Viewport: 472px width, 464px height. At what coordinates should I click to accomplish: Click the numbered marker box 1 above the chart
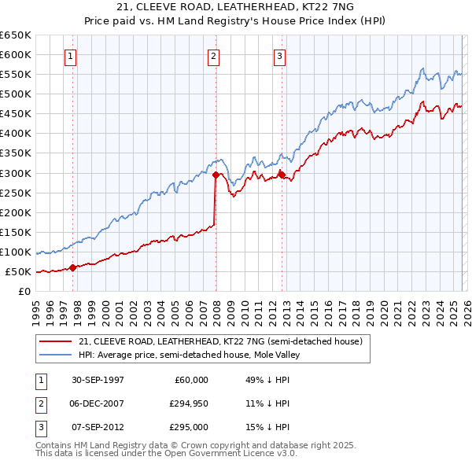(x=71, y=56)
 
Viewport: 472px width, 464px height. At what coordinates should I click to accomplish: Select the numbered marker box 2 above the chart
(x=214, y=56)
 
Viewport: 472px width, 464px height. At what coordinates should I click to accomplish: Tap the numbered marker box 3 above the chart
(x=280, y=56)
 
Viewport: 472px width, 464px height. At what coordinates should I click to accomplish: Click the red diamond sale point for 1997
(x=72, y=267)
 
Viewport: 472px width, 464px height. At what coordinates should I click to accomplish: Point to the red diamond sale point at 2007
(x=215, y=175)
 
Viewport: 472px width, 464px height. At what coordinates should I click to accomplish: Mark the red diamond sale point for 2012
(x=281, y=175)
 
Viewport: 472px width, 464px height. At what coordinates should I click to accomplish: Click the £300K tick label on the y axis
(x=16, y=173)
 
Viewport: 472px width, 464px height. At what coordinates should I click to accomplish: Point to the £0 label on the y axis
(x=24, y=291)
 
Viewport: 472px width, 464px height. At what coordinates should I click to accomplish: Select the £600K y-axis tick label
(x=16, y=54)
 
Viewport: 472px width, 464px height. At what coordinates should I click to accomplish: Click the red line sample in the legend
(x=55, y=342)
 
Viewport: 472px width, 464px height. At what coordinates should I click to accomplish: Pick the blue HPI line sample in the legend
(x=55, y=355)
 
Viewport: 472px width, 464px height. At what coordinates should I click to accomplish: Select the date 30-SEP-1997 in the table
(x=98, y=380)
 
